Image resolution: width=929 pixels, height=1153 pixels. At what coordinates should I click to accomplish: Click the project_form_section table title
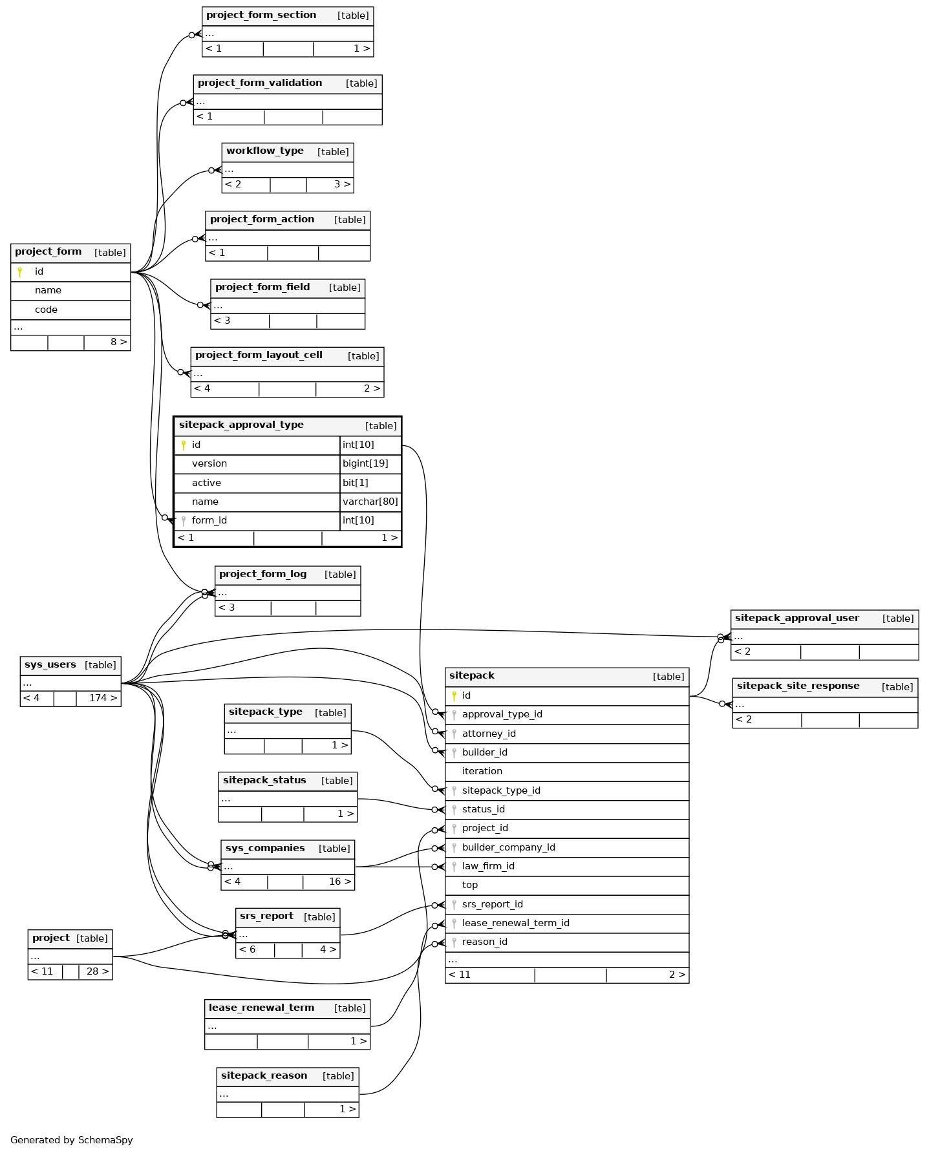tap(261, 16)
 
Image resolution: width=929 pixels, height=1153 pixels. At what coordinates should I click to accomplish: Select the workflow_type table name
tap(265, 151)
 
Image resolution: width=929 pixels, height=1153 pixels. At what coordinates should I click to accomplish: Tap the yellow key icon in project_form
tap(20, 272)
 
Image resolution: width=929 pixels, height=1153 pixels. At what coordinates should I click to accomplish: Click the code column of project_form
tap(46, 310)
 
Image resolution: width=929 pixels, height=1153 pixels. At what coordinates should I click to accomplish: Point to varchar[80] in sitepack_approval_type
tap(370, 502)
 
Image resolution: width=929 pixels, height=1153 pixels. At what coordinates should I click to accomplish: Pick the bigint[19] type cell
tap(370, 463)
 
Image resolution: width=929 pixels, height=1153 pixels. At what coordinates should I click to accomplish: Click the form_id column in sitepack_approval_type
tap(209, 520)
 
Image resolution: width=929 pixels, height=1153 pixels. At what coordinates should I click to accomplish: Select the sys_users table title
tap(50, 665)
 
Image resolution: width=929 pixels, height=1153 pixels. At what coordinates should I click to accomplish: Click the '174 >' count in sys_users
tap(103, 698)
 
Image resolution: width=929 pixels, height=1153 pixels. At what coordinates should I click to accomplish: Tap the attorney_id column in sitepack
tap(489, 734)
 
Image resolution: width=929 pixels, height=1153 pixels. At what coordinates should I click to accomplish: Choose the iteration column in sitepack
tap(482, 771)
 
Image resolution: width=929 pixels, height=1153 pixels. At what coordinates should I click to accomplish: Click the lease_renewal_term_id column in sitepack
tap(515, 923)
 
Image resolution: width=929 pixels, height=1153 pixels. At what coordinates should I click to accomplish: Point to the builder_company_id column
tap(508, 847)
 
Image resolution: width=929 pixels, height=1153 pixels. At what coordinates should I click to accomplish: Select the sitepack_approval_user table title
tap(796, 619)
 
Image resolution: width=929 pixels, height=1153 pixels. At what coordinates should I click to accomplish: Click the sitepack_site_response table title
tap(798, 686)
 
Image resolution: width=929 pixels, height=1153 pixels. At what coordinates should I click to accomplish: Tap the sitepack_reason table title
tap(264, 1075)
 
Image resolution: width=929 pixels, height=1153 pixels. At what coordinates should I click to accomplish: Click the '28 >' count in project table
tap(98, 971)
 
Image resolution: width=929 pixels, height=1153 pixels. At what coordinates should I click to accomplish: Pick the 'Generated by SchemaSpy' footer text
tap(72, 1140)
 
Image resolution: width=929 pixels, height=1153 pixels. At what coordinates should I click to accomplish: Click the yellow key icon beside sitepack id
tap(454, 696)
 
